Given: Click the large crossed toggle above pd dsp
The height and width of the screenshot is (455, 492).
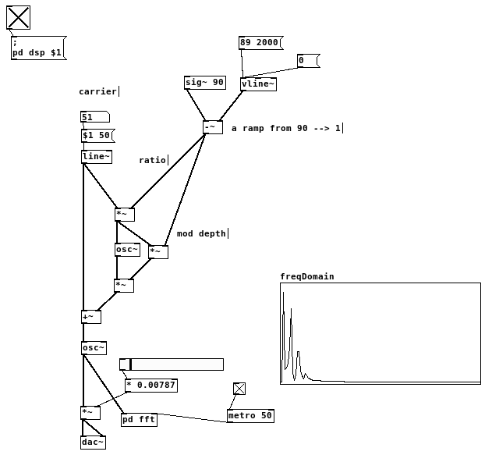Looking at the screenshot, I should point(18,17).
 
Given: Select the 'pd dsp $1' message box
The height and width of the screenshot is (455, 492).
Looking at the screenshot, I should point(37,48).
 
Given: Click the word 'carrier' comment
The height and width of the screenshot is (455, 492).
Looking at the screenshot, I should point(97,91).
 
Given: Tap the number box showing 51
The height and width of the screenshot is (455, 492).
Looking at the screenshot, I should point(94,117).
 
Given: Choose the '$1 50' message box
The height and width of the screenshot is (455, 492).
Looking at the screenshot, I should point(97,136).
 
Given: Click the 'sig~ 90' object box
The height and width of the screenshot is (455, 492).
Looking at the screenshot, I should point(204,83).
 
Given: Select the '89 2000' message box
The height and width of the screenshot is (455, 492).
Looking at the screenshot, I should point(260,43).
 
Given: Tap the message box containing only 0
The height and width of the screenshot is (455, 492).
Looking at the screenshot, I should point(307,60).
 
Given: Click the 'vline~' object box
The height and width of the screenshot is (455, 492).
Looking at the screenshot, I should point(258,84).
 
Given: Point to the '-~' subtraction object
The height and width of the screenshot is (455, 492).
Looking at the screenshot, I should point(212,127).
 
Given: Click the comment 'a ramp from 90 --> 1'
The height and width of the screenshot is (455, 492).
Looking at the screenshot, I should point(286,128).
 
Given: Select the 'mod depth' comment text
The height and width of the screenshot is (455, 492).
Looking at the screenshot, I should point(201,233).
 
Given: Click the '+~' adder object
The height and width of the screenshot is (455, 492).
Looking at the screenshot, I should point(90,317).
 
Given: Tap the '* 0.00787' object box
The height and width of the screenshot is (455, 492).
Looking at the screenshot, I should point(150,385).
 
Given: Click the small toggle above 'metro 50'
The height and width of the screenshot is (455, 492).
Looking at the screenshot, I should point(239,389).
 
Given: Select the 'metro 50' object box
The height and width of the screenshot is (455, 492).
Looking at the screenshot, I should point(250,416).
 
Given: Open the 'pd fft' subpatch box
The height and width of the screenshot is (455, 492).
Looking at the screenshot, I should point(139,420).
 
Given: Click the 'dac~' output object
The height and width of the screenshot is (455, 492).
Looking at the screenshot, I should point(93,443).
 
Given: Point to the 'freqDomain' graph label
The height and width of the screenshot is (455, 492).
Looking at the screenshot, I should point(306,276).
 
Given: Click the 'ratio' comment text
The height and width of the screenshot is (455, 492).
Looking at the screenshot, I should point(152,160).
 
